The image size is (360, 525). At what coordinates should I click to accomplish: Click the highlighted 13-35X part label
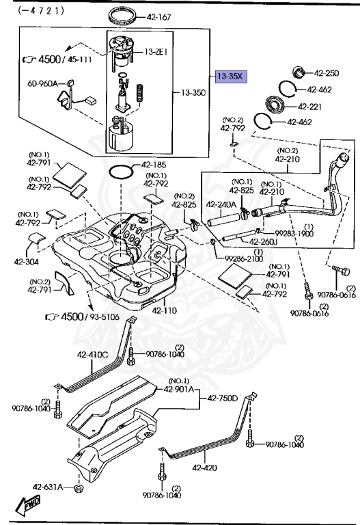click(230, 77)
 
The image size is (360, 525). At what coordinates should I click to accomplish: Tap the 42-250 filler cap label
click(326, 73)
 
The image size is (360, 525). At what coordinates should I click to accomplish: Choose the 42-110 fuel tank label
click(165, 310)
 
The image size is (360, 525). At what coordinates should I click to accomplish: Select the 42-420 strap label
click(205, 468)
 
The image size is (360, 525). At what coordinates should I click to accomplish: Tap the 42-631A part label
click(48, 487)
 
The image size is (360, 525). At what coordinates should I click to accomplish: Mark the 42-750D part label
click(223, 398)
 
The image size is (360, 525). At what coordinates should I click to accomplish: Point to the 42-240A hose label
click(222, 204)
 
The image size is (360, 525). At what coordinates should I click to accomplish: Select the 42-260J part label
click(262, 241)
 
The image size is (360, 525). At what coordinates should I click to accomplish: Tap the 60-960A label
click(42, 84)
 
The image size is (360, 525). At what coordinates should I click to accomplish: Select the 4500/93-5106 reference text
click(74, 317)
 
